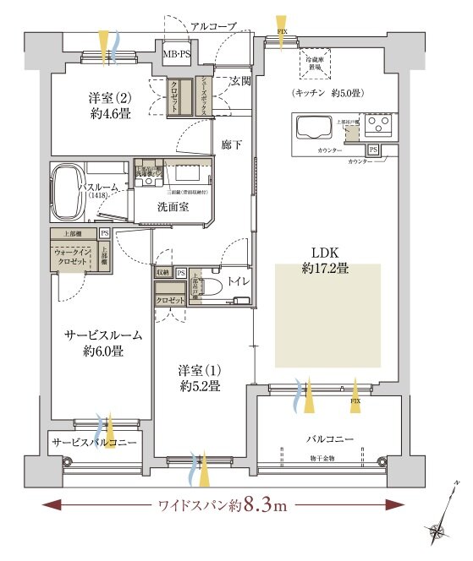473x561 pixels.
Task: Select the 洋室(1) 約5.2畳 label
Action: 200,378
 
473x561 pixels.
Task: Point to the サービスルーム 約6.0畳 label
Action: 104,343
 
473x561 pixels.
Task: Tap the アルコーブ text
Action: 212,27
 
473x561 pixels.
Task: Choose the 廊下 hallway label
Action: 232,144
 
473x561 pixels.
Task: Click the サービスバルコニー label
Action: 94,441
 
